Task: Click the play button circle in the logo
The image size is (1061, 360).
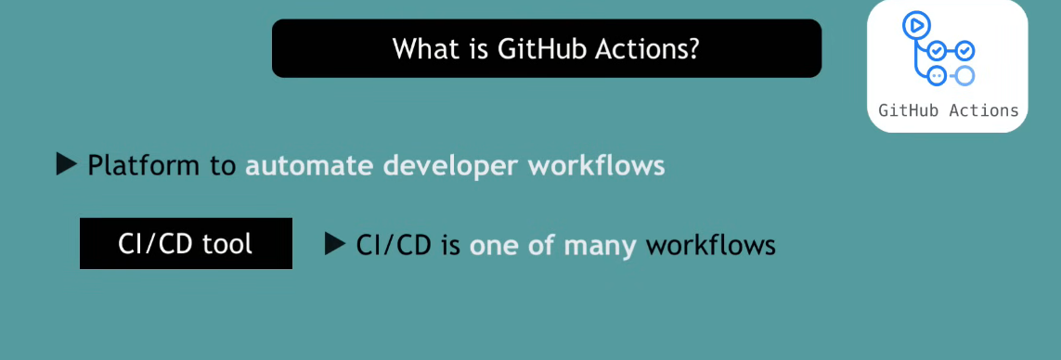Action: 916,26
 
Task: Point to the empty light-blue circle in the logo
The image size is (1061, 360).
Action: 964,76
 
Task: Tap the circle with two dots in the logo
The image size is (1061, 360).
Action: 937,76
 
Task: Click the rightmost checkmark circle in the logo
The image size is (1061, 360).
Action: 964,50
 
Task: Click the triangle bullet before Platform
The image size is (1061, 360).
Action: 66,163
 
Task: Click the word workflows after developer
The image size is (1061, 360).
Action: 596,166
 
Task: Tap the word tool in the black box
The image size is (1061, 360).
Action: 230,244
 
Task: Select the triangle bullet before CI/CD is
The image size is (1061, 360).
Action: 335,244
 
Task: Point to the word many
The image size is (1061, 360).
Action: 601,246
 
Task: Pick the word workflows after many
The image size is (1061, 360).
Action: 710,245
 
